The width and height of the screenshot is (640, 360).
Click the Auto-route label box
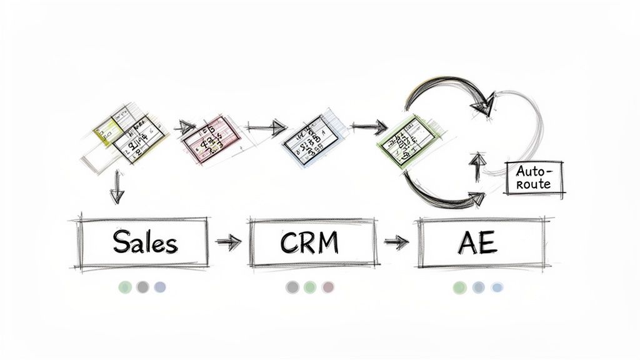click(534, 177)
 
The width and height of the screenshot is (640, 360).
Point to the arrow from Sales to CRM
click(228, 242)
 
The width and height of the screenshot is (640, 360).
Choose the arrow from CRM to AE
click(396, 242)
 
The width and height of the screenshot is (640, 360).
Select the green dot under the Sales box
click(126, 287)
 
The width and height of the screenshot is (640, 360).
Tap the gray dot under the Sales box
click(143, 287)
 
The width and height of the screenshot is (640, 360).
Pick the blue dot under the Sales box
click(160, 287)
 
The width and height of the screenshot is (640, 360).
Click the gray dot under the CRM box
click(292, 287)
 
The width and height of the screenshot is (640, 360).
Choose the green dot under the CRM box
click(310, 287)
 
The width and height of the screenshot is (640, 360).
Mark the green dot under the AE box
click(460, 287)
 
